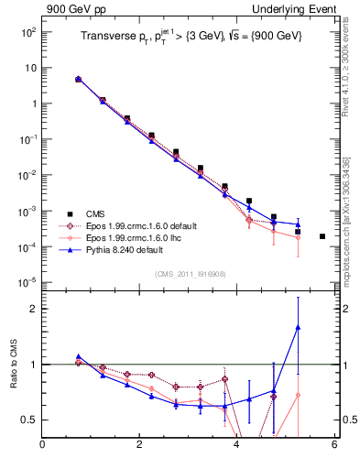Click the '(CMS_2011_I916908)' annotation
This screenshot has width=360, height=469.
tap(190, 274)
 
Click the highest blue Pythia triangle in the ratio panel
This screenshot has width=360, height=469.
tap(298, 327)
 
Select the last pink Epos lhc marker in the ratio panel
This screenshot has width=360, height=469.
tap(298, 395)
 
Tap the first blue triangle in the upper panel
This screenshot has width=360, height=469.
tap(78, 80)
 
